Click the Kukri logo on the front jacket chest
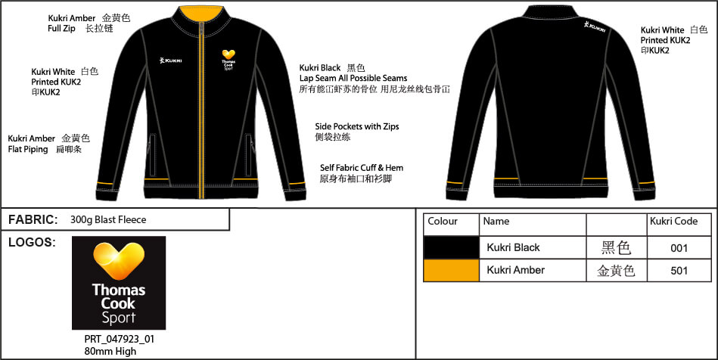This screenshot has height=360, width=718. tap(170, 60)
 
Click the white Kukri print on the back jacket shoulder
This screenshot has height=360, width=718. tap(595, 26)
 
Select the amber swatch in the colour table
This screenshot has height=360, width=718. tap(451, 270)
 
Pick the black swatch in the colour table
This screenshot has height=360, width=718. tap(451, 247)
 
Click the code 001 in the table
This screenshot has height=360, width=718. tap(679, 248)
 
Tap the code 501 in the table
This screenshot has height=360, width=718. tap(679, 271)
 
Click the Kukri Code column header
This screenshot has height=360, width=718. tap(673, 222)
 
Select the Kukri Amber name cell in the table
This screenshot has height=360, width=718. tap(515, 270)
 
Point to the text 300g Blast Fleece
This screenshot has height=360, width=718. tap(108, 220)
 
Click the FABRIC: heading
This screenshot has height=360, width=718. tap(33, 220)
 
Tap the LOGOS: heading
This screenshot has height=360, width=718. tap(32, 242)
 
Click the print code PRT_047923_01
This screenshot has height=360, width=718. tap(120, 340)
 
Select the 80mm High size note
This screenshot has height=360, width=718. tap(110, 351)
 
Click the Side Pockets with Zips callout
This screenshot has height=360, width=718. tap(356, 126)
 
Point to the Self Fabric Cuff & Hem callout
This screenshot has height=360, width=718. tap(362, 168)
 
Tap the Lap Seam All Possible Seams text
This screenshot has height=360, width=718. tap(353, 78)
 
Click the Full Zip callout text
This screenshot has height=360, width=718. tap(61, 29)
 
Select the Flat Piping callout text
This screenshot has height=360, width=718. tap(28, 149)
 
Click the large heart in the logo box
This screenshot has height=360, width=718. tap(119, 261)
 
